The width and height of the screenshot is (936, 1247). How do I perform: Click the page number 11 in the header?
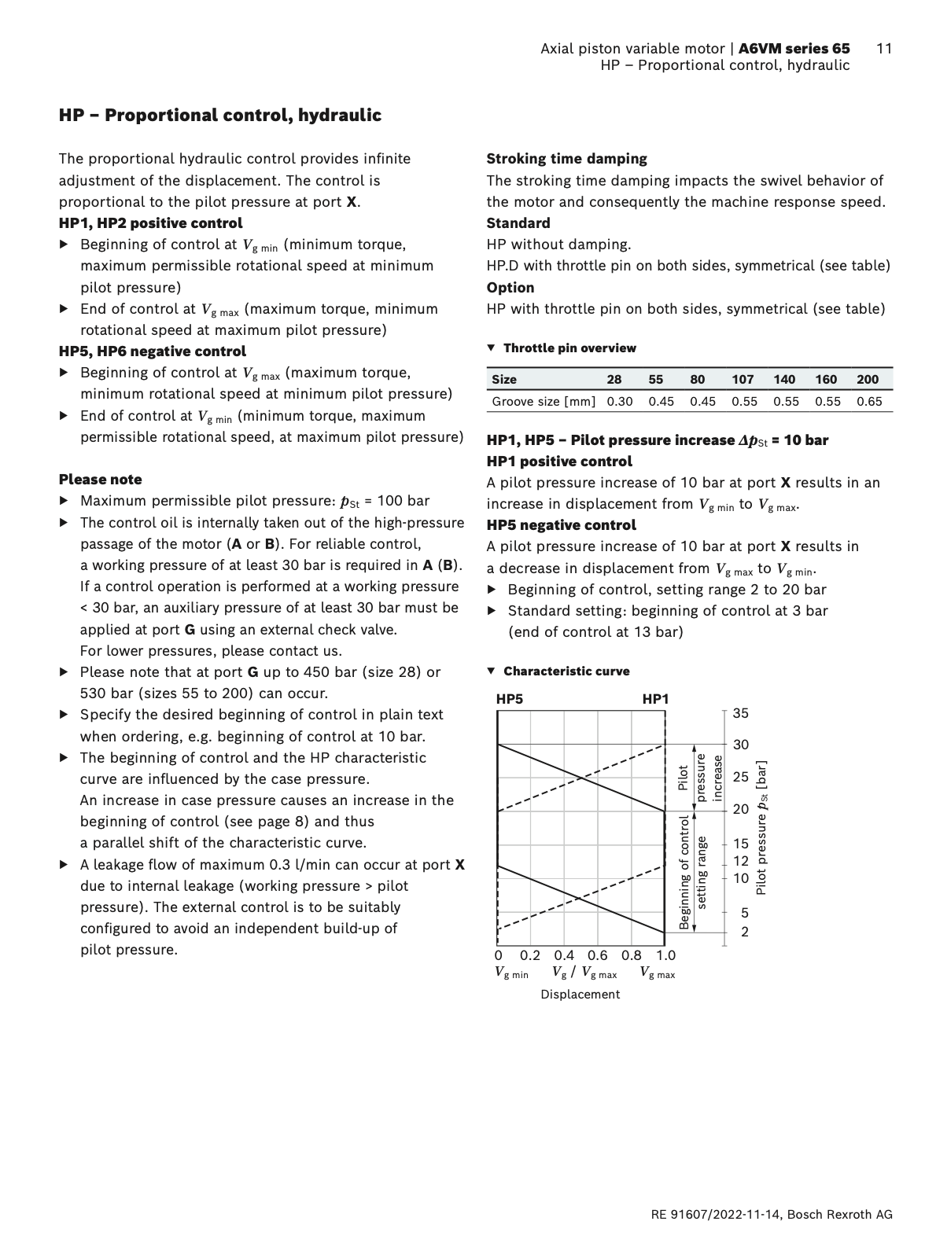tap(883, 49)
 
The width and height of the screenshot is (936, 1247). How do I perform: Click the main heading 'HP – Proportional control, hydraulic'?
tap(220, 116)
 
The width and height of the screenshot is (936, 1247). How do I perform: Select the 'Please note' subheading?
tap(101, 480)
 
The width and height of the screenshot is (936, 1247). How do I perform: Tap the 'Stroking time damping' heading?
tap(566, 159)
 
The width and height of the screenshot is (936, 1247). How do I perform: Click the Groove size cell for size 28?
tap(620, 402)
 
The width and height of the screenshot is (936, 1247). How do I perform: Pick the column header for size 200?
tap(868, 380)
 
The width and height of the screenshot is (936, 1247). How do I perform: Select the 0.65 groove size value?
tap(869, 402)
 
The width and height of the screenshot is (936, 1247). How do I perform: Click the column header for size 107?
tap(743, 380)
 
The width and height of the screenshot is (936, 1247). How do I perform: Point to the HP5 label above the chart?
tap(510, 699)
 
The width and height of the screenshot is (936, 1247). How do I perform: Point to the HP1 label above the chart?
tap(655, 699)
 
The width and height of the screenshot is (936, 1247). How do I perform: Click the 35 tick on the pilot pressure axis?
tap(741, 714)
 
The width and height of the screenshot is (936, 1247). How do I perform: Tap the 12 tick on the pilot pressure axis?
tap(741, 861)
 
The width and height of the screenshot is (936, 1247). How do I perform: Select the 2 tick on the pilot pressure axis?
tap(744, 932)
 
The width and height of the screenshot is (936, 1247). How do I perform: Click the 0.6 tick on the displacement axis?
tap(598, 956)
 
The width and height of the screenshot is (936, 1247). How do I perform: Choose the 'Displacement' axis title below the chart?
tap(580, 995)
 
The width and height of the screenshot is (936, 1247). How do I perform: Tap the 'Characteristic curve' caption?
tap(566, 671)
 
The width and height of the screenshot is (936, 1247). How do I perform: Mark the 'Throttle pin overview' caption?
tap(569, 348)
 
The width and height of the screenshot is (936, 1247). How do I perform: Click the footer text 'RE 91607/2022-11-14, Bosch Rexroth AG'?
tap(772, 1215)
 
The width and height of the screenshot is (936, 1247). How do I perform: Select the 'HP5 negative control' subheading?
tap(561, 525)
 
